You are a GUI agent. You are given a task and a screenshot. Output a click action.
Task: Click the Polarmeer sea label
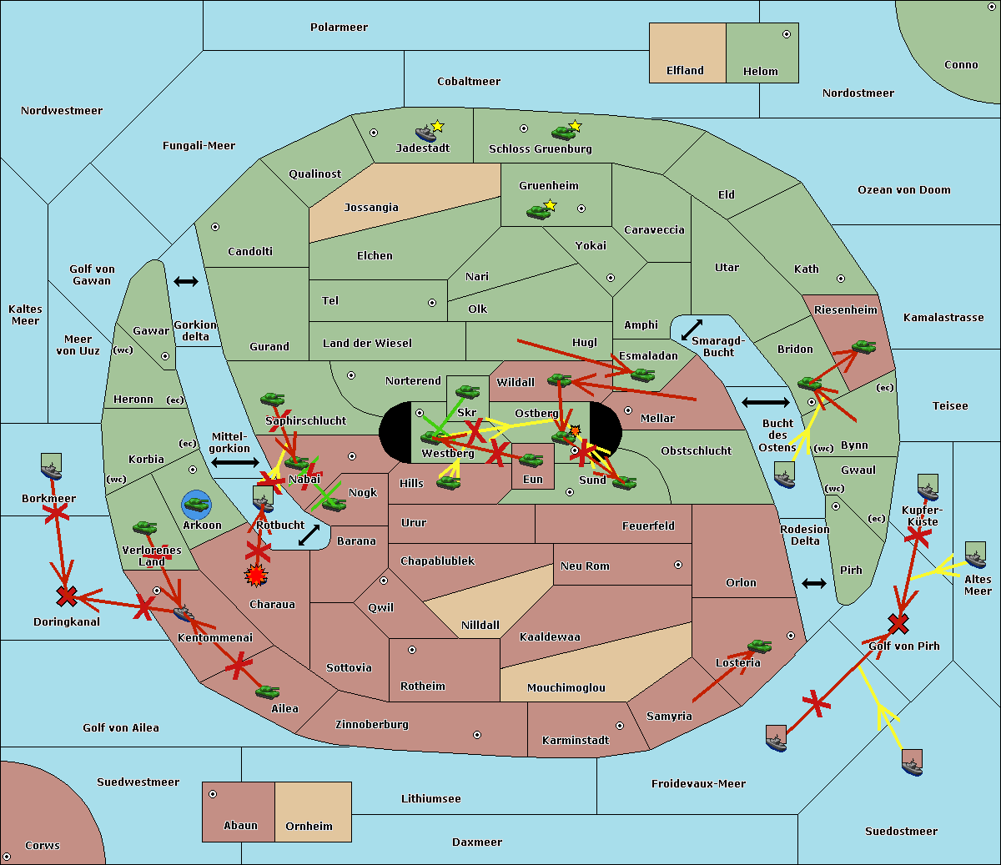(339, 28)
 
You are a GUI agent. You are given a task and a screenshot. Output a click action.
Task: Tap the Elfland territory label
(685, 71)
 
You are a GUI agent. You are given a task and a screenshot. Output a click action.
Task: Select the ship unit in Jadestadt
(426, 133)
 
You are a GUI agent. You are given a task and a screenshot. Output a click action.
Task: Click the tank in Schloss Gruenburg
(563, 132)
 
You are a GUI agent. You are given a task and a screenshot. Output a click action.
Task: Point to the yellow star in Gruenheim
(550, 205)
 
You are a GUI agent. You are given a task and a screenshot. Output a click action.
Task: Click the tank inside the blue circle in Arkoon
(196, 504)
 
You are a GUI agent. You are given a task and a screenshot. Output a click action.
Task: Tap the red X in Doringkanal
(67, 596)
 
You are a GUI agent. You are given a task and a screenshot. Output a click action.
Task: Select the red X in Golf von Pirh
(898, 623)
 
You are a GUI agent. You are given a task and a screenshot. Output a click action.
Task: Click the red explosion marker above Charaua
(256, 575)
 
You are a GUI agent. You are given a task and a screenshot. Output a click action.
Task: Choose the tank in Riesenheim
(863, 345)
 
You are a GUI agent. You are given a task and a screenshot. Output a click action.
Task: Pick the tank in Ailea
(267, 691)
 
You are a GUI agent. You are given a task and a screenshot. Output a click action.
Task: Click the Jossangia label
(371, 208)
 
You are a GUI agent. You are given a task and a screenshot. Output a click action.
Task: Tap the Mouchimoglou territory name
(566, 688)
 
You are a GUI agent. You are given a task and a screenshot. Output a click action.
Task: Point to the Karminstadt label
(576, 741)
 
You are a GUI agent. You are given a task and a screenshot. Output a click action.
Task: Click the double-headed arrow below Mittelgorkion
(235, 462)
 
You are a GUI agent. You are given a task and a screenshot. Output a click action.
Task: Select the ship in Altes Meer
(975, 555)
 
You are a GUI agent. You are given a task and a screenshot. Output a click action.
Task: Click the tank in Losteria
(759, 646)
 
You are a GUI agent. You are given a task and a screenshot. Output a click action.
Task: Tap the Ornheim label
(309, 827)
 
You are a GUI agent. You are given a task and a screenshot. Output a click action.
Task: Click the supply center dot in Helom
(786, 34)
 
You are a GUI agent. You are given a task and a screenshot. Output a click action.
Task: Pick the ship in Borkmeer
(52, 468)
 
